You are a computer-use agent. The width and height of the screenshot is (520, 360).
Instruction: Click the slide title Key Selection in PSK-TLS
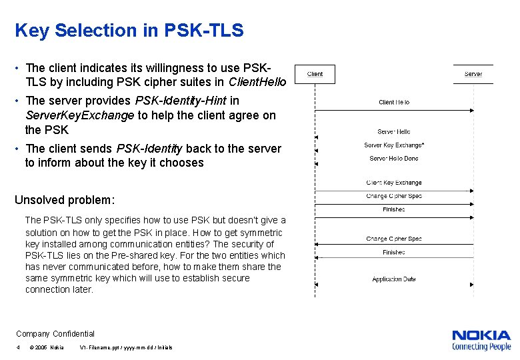coord(129,31)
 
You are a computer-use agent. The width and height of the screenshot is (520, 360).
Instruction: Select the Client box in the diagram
coord(315,74)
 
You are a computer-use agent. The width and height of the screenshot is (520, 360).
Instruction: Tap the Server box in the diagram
coord(473,74)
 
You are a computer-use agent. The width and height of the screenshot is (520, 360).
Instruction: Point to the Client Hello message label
coord(394,102)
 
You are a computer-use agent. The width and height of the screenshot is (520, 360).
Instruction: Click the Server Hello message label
coord(394,132)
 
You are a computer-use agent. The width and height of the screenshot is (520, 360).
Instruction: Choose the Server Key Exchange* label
coord(394,145)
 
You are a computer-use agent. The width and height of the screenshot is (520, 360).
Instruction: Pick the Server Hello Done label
coord(394,159)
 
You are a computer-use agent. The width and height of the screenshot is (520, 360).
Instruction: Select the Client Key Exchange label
coord(394,183)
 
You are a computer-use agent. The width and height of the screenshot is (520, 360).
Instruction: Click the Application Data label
coord(394,279)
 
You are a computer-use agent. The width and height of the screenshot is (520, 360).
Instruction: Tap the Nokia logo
coord(481,335)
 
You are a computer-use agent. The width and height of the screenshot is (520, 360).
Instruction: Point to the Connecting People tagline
coord(481,347)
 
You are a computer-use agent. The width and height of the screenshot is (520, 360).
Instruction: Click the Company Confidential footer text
coord(55,334)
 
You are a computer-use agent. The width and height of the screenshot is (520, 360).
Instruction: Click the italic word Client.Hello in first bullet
coord(257,83)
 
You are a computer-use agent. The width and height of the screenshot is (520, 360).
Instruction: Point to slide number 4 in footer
coord(19,348)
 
